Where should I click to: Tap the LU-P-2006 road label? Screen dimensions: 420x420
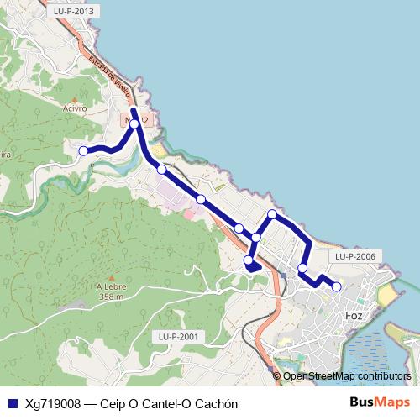pos(353,256)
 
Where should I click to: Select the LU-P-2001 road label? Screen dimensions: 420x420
pos(177,336)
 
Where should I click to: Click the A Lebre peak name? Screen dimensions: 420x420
pos(111,286)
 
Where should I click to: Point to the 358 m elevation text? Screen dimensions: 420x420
pos(111,297)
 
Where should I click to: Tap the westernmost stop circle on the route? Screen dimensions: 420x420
pos(83,151)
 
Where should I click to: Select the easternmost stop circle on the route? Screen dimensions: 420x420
pos(337,286)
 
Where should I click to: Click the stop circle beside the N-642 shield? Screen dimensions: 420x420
pos(134,124)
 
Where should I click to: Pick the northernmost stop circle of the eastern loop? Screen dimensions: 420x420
pos(272,214)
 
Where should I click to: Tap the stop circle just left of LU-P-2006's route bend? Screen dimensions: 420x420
pos(302,269)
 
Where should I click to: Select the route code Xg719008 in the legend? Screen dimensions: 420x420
pos(52,404)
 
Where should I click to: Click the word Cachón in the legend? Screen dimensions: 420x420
pos(217,404)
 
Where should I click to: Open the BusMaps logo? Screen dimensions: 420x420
pos(380,403)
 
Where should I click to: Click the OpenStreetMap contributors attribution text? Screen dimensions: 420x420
pos(347,376)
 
